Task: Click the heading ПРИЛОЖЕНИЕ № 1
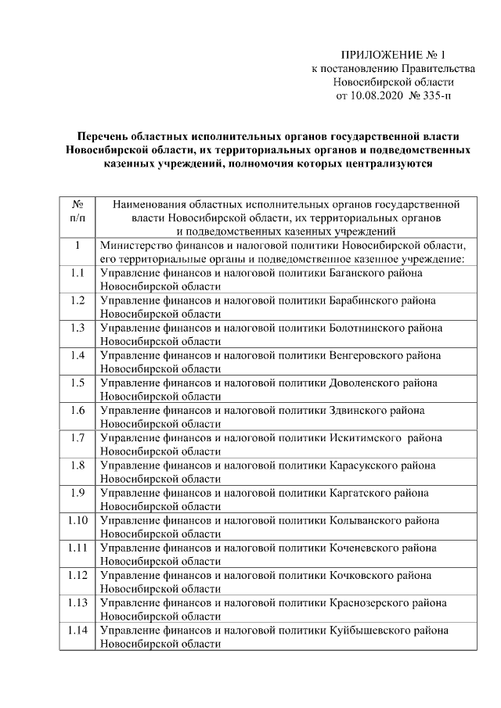[392, 55]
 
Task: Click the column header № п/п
[77, 210]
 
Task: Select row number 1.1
[77, 273]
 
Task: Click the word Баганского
[355, 273]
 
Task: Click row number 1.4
[77, 355]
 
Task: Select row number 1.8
[77, 465]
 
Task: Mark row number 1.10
[77, 520]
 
